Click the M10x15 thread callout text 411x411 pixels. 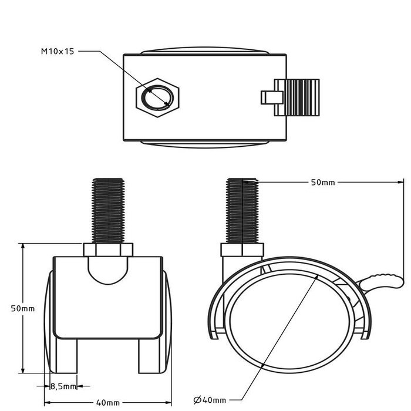58,52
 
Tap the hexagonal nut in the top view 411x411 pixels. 157,97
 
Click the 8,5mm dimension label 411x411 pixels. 63,386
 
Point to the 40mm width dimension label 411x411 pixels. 108,402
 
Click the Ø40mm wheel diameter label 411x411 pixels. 210,400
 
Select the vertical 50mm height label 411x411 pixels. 23,308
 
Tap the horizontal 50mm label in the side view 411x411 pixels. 323,182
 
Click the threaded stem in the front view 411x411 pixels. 108,211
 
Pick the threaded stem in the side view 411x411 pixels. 242,211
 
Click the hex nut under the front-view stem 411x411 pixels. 108,250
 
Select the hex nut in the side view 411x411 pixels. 242,250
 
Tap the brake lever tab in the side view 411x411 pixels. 382,282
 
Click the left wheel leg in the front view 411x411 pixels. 66,356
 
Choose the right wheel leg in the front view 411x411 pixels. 149,356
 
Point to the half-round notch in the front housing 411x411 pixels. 108,271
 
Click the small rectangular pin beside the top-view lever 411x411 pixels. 272,97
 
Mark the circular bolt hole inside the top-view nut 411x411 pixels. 157,97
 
